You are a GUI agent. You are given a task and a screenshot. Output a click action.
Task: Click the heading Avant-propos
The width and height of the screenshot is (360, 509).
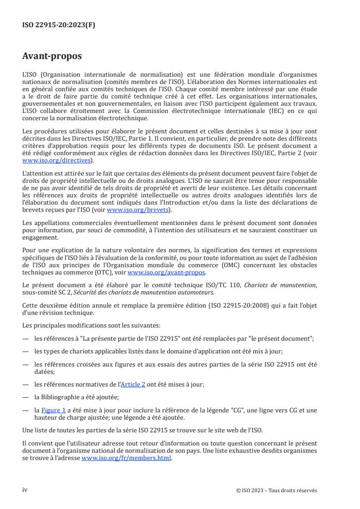[52, 56]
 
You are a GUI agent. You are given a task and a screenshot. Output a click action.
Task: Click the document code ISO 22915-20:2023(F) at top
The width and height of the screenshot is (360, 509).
[59, 25]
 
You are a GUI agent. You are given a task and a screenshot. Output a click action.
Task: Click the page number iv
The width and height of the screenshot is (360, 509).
[25, 490]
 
